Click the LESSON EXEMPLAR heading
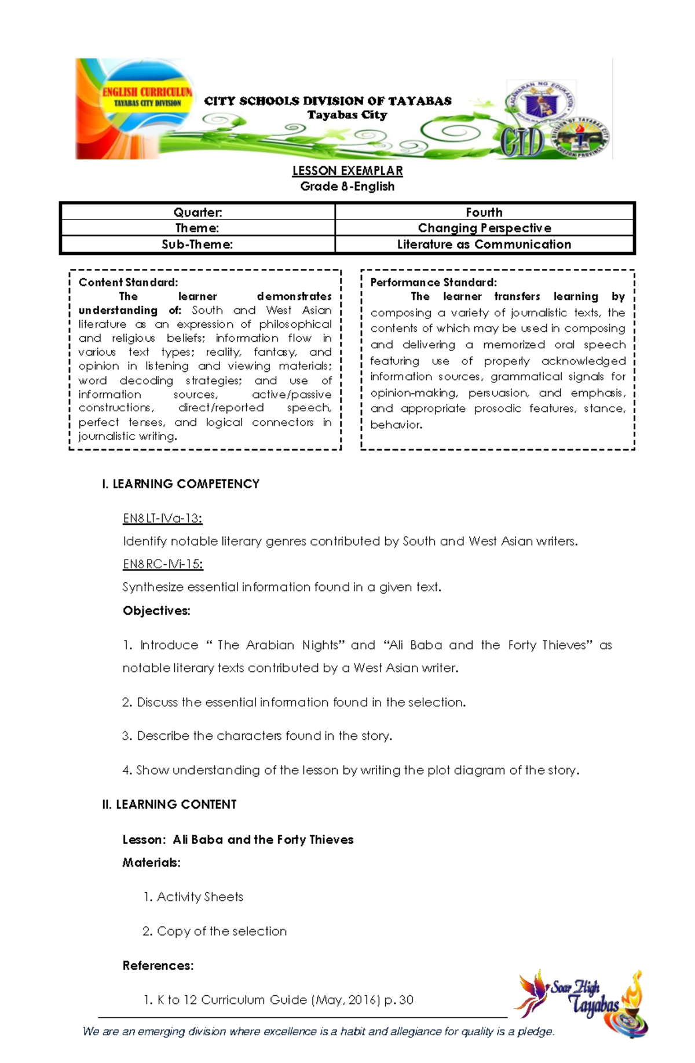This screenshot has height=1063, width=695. coord(347,171)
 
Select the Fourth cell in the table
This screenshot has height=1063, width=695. coord(484,212)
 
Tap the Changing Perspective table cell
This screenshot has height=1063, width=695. coord(484,228)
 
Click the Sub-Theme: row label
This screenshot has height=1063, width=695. coord(197,244)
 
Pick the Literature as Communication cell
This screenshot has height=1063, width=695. coord(484,244)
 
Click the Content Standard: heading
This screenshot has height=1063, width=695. coord(128,283)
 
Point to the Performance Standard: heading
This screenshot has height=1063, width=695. coord(433,283)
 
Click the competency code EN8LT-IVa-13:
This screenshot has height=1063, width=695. coord(162,518)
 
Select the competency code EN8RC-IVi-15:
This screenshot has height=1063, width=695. coord(163,564)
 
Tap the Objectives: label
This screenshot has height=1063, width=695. coord(156,611)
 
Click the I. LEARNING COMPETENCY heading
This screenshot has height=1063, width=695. coord(180,484)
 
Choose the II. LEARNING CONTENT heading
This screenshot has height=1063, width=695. coord(169,804)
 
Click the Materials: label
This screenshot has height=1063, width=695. coord(151,863)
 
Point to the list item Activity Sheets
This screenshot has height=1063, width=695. coord(199,897)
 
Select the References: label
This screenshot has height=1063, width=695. coord(158,966)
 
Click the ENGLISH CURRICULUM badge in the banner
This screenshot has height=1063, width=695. coord(147,96)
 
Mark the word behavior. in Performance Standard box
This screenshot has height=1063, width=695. coord(396,425)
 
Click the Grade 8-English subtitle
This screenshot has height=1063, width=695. coord(347,187)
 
